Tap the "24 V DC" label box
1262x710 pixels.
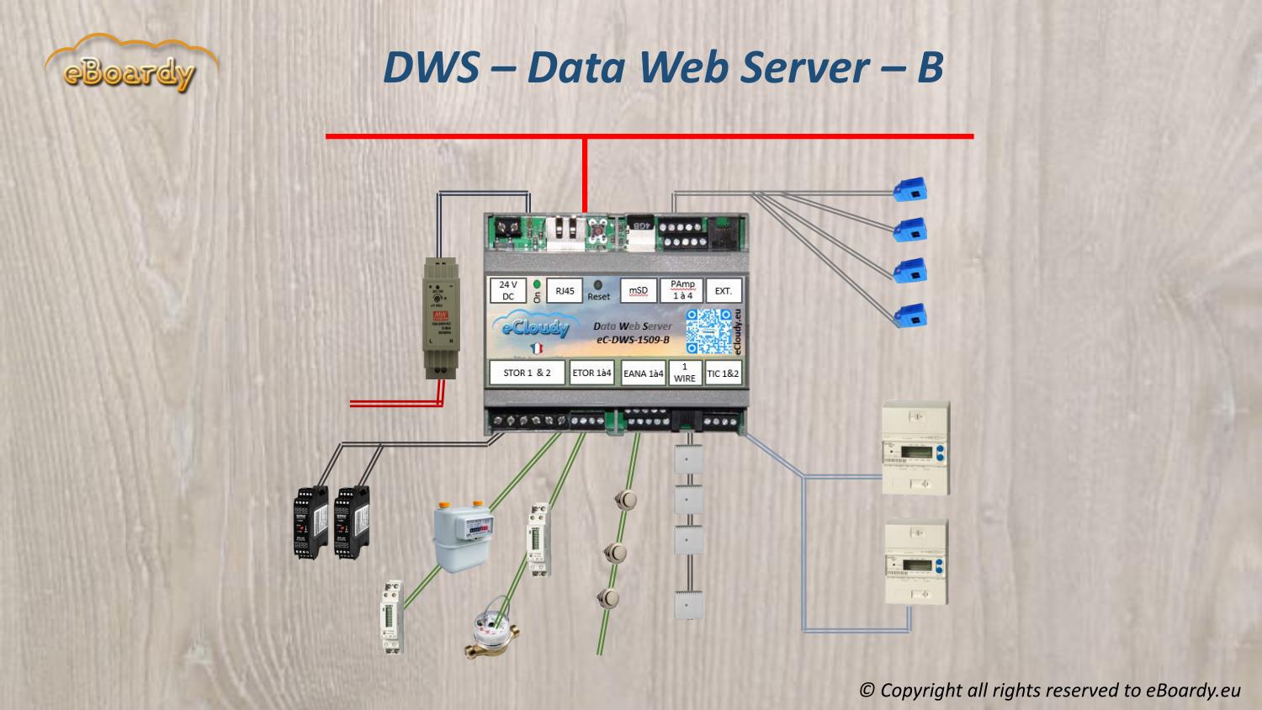click(507, 291)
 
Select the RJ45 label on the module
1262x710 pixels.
click(564, 291)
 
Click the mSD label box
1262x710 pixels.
click(639, 291)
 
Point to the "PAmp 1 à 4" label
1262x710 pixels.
click(681, 290)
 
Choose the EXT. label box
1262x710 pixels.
click(723, 291)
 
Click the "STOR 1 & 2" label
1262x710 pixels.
click(527, 373)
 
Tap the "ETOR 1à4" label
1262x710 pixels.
click(592, 373)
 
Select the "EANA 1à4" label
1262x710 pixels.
click(644, 374)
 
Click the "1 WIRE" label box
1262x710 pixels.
click(685, 373)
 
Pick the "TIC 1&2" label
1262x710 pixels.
click(724, 373)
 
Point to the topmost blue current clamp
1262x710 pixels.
click(910, 188)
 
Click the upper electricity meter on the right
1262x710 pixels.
click(915, 448)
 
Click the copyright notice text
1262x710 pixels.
click(1050, 690)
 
